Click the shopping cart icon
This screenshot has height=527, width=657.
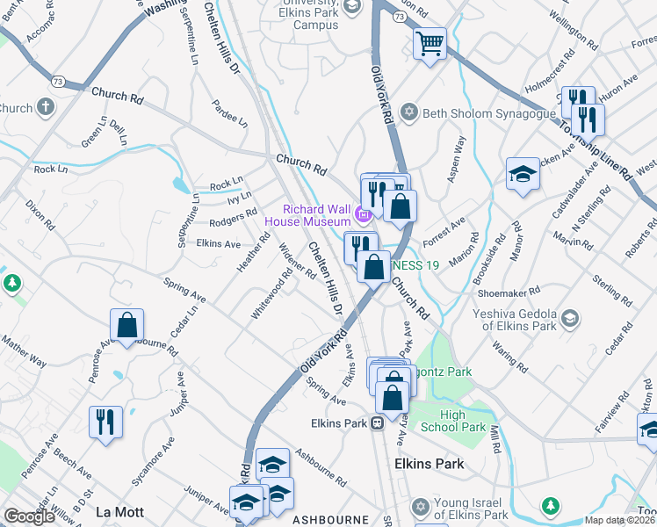[430, 42]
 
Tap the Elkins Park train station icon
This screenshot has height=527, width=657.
[377, 423]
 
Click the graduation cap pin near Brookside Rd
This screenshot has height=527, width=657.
[522, 173]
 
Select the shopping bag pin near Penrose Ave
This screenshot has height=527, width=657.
[127, 324]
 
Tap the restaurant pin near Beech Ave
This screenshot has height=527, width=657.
[105, 421]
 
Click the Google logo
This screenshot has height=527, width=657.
[29, 516]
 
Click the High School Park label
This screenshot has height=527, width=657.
[463, 421]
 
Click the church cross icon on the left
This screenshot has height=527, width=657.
[46, 108]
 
